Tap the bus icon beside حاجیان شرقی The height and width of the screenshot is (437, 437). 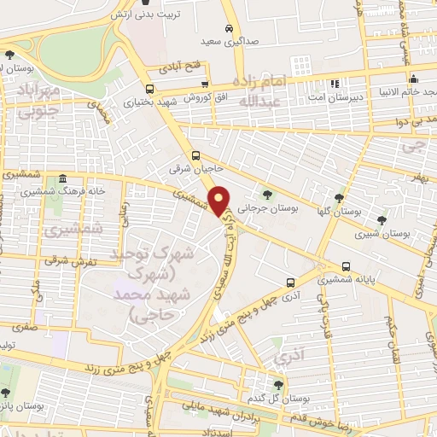pos(197,155)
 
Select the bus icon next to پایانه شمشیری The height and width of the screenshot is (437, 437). pos(347,266)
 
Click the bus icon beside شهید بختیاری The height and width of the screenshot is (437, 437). pos(149,88)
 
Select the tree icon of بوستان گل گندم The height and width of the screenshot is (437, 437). pos(277,385)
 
